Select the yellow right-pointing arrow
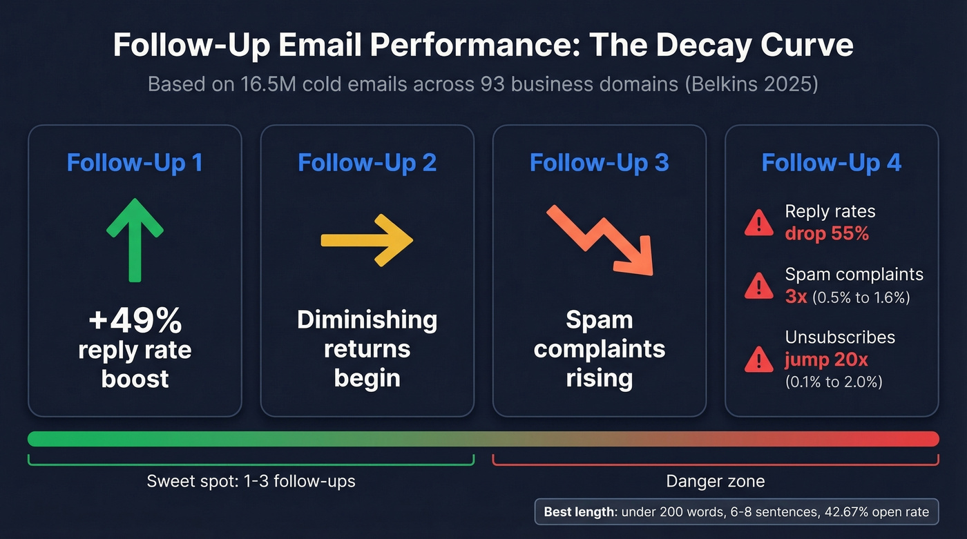[x=367, y=239]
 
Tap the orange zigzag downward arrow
[x=600, y=239]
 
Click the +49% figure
[x=135, y=320]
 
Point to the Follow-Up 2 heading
[x=367, y=163]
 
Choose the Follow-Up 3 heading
[x=599, y=163]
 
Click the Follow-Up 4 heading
[x=831, y=163]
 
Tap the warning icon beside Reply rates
[x=758, y=223]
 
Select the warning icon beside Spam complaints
[x=758, y=286]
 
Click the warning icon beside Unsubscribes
[x=758, y=359]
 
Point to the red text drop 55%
[x=826, y=233]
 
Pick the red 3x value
[x=796, y=297]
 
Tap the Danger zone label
[x=715, y=481]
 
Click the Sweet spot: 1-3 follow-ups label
[x=251, y=481]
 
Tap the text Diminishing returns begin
[x=367, y=349]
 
